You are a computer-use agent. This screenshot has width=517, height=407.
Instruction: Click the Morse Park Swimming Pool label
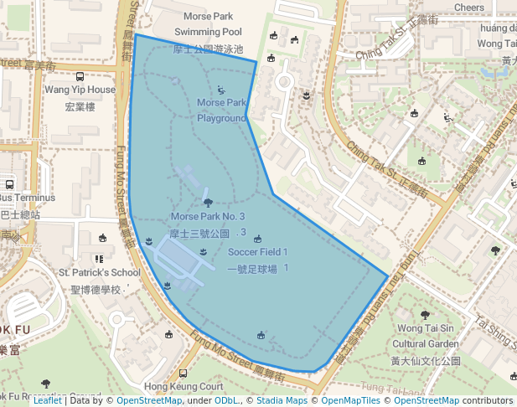tap(207, 23)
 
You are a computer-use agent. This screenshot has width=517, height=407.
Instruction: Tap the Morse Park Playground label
tap(221, 111)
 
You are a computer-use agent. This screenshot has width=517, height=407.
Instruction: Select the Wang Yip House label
tap(80, 90)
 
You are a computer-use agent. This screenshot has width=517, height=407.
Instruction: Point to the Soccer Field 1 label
tap(257, 252)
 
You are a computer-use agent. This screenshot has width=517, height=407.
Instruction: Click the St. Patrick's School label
tap(99, 272)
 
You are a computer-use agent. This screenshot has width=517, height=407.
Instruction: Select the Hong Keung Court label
tap(184, 387)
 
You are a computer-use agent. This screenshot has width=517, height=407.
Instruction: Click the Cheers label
tap(468, 8)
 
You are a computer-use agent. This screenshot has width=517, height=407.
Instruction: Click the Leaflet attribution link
tap(47, 400)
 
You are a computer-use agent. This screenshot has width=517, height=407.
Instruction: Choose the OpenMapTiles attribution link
tap(344, 400)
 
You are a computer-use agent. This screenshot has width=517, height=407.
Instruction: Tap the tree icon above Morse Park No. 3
tap(208, 202)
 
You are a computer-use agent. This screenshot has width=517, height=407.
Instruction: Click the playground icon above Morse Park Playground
tap(221, 90)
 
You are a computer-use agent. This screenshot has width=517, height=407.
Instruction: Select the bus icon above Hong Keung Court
tap(184, 373)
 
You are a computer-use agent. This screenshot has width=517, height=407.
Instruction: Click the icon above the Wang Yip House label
tap(80, 75)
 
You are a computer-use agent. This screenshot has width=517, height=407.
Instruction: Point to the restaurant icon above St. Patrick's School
tap(99, 259)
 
